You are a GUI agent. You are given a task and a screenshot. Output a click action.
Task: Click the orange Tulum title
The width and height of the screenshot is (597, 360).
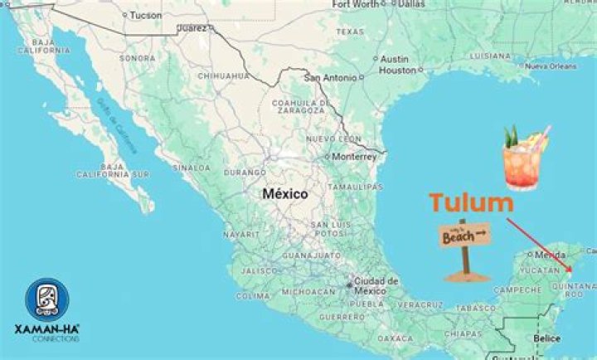point(470,202)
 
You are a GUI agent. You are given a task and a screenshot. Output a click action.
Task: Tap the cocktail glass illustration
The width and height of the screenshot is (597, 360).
point(524,158)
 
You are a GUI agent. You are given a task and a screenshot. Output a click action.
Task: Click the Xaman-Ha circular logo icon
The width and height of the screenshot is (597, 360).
point(46,299)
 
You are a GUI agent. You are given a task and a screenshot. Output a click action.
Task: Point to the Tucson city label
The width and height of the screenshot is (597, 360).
point(145,15)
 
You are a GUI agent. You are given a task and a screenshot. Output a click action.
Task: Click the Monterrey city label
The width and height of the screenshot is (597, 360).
point(354,156)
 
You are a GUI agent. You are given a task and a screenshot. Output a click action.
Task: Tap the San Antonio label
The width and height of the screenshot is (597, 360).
point(331,78)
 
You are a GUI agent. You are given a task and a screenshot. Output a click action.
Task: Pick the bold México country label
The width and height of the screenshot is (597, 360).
point(284,194)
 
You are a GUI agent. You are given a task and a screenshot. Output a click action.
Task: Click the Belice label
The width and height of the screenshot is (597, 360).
point(546,338)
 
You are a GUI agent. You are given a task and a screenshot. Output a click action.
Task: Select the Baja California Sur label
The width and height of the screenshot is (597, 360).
point(112,171)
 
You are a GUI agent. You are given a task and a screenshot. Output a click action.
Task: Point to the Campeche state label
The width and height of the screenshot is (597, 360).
point(517,289)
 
